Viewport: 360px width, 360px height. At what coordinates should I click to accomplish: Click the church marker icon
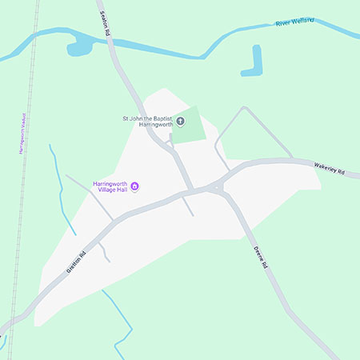[x=180, y=122]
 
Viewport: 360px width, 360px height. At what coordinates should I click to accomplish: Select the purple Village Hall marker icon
[x=135, y=188]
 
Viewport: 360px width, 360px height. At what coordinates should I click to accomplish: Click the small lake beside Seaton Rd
[x=81, y=46]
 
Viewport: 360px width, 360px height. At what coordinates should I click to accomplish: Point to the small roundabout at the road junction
[x=217, y=188]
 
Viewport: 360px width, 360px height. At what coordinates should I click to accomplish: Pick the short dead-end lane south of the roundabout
[x=189, y=206]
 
